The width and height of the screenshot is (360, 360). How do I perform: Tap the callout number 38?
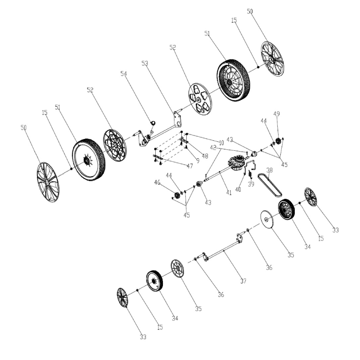[270, 171]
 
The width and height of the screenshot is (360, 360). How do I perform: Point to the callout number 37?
[243, 281]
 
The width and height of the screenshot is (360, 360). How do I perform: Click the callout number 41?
[229, 193]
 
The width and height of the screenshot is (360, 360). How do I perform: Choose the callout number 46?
[170, 183]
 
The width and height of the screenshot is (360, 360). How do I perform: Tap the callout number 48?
[193, 157]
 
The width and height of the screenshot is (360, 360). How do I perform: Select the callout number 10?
[221, 143]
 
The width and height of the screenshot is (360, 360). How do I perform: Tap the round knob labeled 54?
[152, 122]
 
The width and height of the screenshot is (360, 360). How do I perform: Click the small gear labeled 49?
[278, 141]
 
